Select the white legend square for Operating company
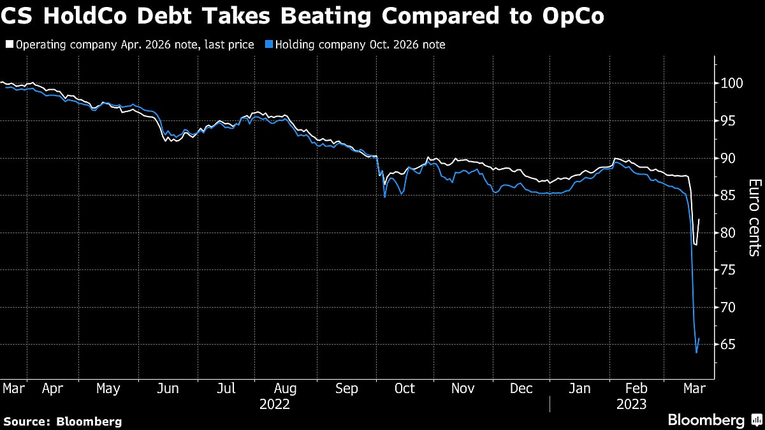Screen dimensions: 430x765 [x=8, y=45]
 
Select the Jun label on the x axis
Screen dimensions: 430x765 [x=168, y=389]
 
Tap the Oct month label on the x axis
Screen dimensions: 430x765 [x=405, y=389]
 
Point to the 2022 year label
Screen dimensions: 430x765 [x=275, y=404]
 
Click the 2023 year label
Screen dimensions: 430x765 [x=631, y=404]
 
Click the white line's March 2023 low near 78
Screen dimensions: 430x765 [x=696, y=245]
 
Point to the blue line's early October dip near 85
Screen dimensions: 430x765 [x=385, y=197]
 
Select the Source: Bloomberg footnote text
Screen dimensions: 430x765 [x=62, y=421]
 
